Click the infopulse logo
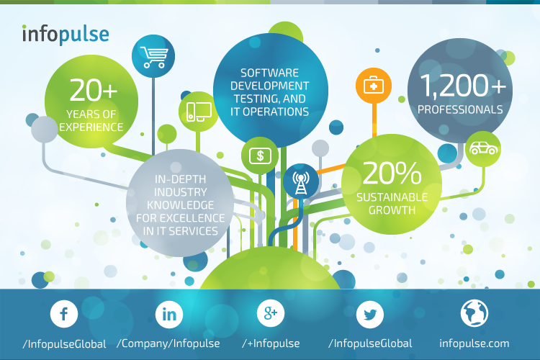pyautogui.click(x=66, y=35)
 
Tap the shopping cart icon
pyautogui.click(x=153, y=57)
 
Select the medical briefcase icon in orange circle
pyautogui.click(x=374, y=86)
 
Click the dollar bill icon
pyautogui.click(x=260, y=156)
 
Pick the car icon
pyautogui.click(x=484, y=148)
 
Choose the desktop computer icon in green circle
pyautogui.click(x=199, y=112)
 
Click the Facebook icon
pyautogui.click(x=64, y=313)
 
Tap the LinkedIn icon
pyautogui.click(x=168, y=314)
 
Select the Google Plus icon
pyautogui.click(x=271, y=313)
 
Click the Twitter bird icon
pyautogui.click(x=370, y=314)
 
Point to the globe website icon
pyautogui.click(x=474, y=313)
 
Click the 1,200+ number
pyautogui.click(x=463, y=85)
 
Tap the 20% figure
pyautogui.click(x=392, y=173)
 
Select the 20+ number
pyautogui.click(x=94, y=90)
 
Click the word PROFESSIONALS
pyautogui.click(x=460, y=109)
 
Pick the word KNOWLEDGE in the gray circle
pyautogui.click(x=181, y=205)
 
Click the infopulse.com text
pyautogui.click(x=474, y=343)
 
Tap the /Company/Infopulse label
pyautogui.click(x=168, y=343)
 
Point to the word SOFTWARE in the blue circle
pyautogui.click(x=270, y=73)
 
